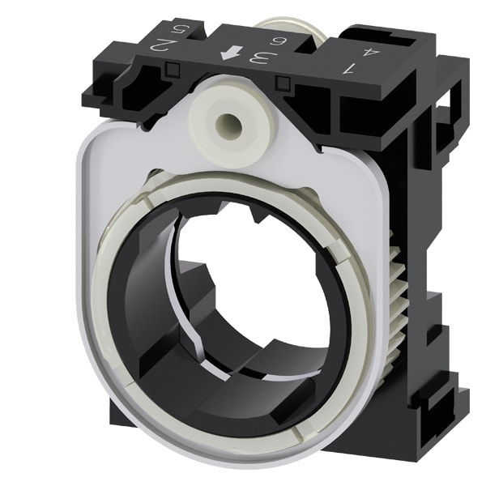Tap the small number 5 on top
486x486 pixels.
pos(178,30)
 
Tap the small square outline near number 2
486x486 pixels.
pos(173,70)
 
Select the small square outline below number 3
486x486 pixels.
pos(283,82)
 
